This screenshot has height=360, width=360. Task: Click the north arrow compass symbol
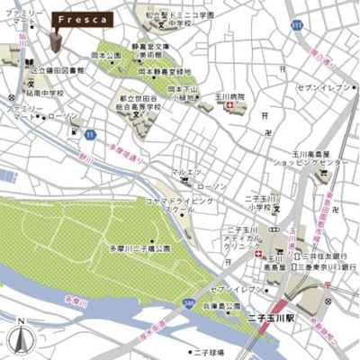pos(20,340)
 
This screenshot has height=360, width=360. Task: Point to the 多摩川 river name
pos(63,298)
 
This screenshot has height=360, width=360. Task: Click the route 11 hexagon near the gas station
pos(89,134)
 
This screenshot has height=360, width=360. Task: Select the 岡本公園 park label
pos(106,56)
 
